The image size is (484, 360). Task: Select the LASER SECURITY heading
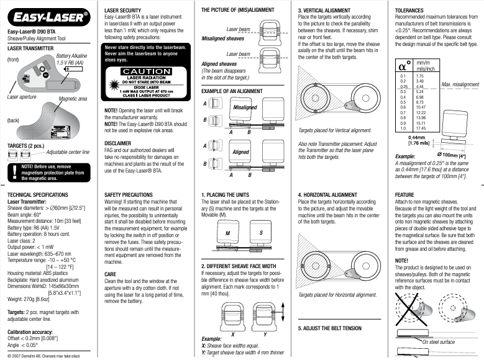tap(125, 11)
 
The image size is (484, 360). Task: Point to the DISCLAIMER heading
tap(118, 143)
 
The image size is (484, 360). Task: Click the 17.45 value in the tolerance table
tap(420, 128)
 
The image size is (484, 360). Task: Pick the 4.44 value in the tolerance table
tap(420, 86)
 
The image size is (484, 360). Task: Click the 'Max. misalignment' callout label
tap(460, 84)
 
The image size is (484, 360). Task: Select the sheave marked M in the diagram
tap(227, 232)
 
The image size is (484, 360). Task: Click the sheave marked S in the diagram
tap(261, 232)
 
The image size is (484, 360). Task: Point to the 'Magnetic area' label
tap(72, 99)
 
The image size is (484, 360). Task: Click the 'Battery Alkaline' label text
tap(73, 56)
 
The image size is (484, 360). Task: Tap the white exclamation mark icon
tap(13, 171)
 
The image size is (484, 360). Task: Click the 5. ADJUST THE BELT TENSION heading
tap(329, 328)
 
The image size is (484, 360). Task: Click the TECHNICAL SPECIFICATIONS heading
tap(37, 194)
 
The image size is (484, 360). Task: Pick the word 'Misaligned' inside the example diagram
tap(244, 107)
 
